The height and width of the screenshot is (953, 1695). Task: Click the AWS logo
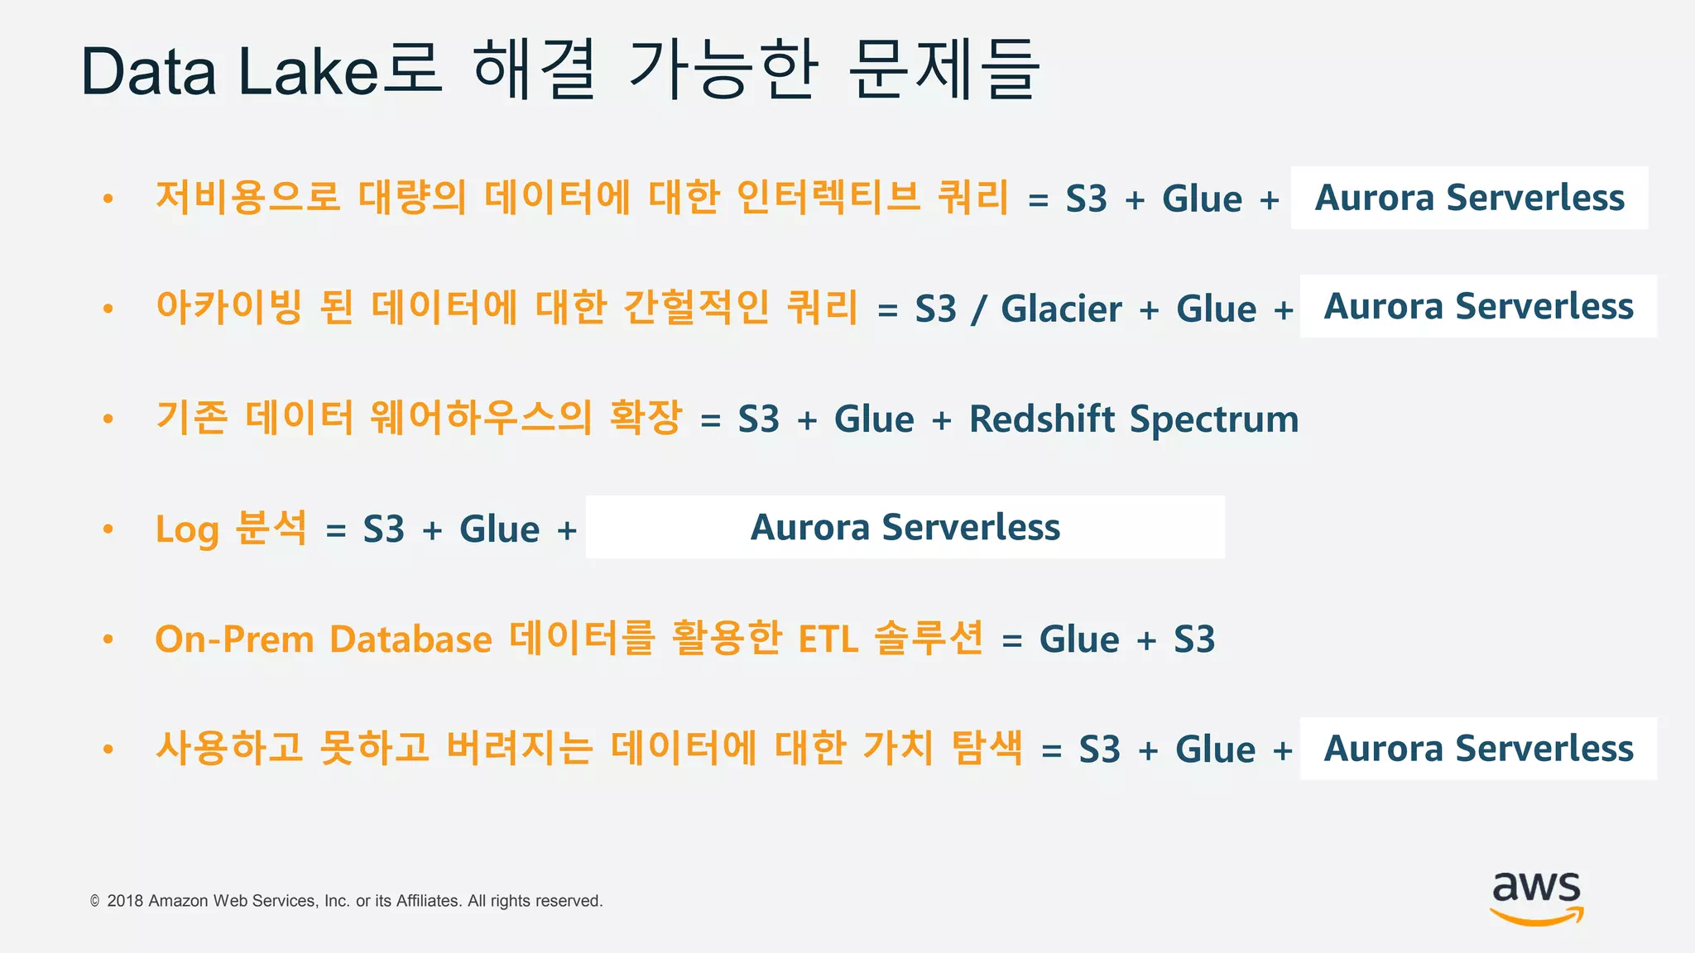[1536, 897]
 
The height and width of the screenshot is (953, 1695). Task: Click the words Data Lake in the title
[229, 73]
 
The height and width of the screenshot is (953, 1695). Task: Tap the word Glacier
[1061, 309]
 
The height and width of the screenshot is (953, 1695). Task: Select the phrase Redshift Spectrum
[1133, 419]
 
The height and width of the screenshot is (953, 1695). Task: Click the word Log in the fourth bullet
[186, 529]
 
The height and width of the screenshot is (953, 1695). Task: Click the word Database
[411, 639]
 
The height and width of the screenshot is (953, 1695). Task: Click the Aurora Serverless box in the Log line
[905, 527]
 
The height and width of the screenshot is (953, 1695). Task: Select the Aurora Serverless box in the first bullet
[1469, 198]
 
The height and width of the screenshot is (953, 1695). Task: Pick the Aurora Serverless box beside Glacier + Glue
[1478, 306]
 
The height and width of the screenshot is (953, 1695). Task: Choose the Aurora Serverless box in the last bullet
[1478, 748]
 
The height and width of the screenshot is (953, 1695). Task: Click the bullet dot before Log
[108, 529]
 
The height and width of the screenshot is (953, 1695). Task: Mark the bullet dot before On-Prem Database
[108, 639]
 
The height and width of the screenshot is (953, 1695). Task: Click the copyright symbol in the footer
[95, 901]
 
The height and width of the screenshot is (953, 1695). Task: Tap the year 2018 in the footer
[125, 901]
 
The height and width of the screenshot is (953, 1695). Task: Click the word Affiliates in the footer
[428, 901]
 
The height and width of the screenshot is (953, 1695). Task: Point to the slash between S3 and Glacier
[979, 309]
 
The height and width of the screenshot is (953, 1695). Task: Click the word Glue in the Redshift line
[874, 419]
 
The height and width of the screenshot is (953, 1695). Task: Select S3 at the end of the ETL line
[1194, 639]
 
